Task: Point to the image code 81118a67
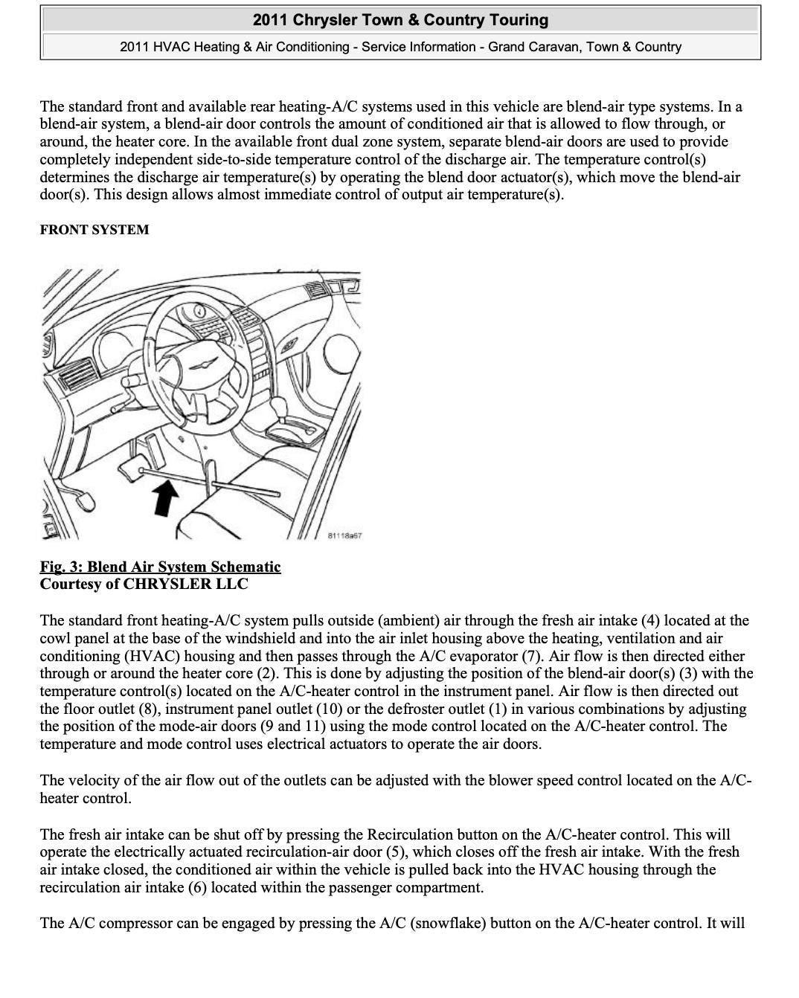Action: coord(344,535)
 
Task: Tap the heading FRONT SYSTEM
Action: coord(94,230)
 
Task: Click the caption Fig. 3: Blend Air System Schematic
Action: coord(160,567)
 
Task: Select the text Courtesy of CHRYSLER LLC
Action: coord(144,584)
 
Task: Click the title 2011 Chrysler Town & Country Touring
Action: coord(400,20)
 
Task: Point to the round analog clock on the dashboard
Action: coord(199,311)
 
